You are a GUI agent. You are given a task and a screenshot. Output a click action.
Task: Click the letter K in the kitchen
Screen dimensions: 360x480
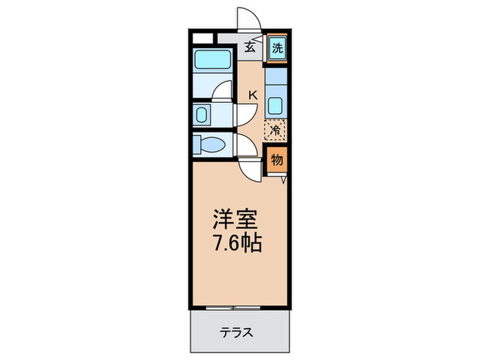tap(252, 95)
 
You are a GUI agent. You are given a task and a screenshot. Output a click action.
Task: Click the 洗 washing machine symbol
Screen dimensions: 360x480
tap(276, 48)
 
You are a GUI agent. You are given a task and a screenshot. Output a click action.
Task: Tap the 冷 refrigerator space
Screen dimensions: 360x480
tap(276, 128)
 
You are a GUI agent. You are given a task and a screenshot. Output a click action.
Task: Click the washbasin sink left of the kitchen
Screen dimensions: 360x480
tap(202, 115)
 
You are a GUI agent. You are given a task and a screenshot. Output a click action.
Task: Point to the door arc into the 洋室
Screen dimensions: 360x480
tap(250, 169)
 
